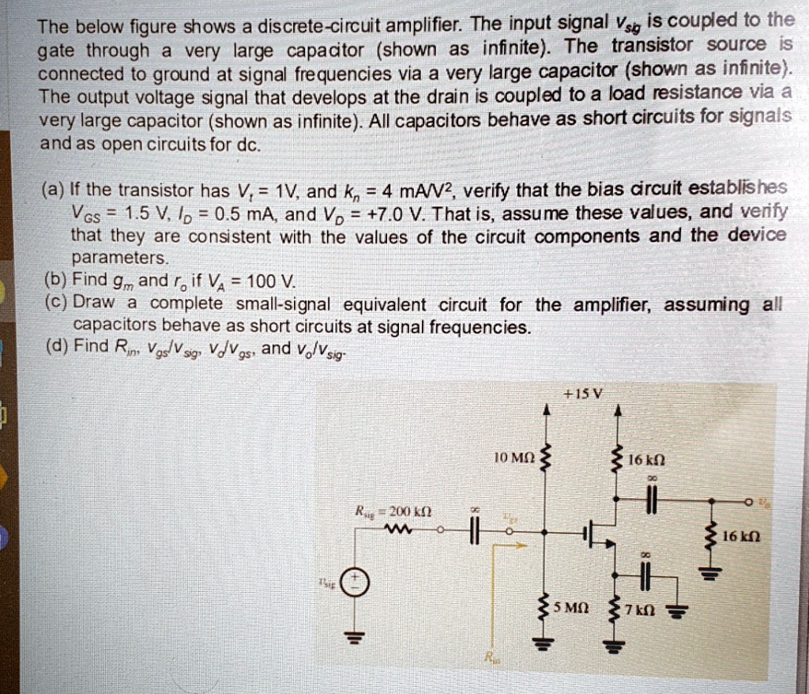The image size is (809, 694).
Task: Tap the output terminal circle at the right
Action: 747,500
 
